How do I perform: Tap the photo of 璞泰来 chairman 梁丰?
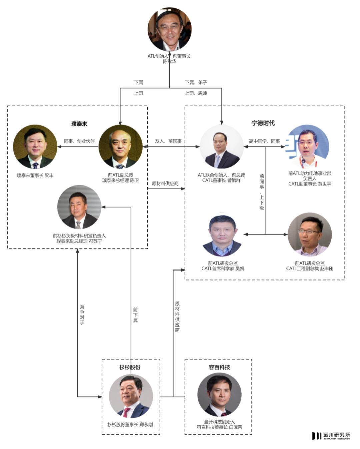[x=35, y=147]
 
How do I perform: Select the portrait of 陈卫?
[x=120, y=147]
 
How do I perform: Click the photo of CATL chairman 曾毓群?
[x=221, y=147]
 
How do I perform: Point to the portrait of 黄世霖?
[x=307, y=147]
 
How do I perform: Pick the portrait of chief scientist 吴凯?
[x=222, y=235]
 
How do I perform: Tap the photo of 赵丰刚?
[x=310, y=234]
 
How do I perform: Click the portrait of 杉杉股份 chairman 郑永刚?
[x=131, y=396]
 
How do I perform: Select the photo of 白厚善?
[x=219, y=395]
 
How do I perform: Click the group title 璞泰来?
[x=79, y=124]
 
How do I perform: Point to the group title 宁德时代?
[x=263, y=123]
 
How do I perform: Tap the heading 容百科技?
[x=219, y=367]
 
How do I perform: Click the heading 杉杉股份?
[x=130, y=367]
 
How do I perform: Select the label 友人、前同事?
[x=168, y=141]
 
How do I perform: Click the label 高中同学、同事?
[x=264, y=141]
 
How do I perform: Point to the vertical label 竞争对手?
[x=82, y=314]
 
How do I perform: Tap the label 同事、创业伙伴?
[x=79, y=141]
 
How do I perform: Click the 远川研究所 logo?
[x=331, y=436]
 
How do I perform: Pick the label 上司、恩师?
[x=196, y=93]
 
